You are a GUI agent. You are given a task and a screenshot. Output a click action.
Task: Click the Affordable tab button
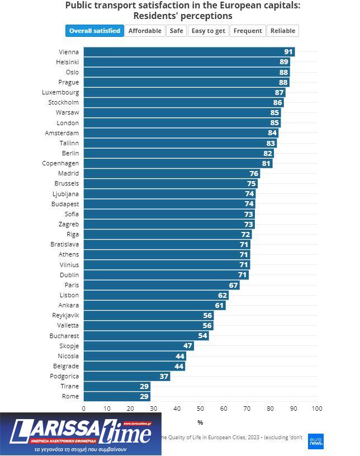(145, 31)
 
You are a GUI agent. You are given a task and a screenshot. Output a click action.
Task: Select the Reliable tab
(282, 31)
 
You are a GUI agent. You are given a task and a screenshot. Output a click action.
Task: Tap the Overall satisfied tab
(94, 31)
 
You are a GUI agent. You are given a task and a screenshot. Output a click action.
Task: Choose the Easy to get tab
(209, 31)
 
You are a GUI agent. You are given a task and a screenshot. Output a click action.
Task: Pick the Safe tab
(177, 31)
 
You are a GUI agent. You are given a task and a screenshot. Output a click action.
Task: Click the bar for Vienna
(189, 52)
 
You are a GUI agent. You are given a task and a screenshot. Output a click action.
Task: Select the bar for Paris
(161, 285)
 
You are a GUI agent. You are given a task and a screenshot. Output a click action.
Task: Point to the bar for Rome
(116, 396)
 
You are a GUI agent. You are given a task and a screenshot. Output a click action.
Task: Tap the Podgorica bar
(126, 376)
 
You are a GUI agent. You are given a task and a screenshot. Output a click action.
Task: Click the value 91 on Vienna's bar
(288, 52)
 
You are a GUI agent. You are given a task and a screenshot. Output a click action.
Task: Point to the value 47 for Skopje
(188, 346)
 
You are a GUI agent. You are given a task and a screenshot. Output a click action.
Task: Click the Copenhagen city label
(60, 163)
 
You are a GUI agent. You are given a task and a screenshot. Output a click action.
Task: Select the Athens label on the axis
(69, 254)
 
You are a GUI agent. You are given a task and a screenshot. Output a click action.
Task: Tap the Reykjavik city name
(65, 315)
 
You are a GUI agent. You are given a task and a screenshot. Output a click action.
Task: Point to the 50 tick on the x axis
(200, 408)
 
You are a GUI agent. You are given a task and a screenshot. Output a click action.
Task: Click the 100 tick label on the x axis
(317, 408)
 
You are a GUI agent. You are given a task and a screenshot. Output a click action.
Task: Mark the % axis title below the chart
(200, 422)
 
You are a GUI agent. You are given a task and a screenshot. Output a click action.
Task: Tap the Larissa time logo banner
(80, 434)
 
